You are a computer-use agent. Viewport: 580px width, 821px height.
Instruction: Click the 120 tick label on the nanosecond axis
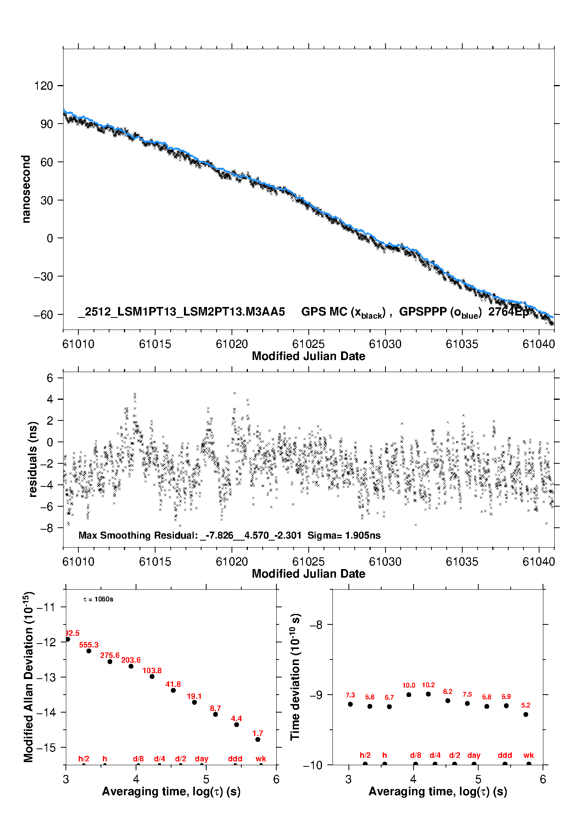click(x=43, y=85)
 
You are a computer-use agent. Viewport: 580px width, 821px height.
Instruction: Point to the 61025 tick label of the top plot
click(x=308, y=344)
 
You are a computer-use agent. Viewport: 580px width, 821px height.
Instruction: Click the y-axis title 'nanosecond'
click(x=26, y=189)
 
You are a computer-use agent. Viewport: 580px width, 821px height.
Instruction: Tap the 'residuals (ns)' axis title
click(x=33, y=459)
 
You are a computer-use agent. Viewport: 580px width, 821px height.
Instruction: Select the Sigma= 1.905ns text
click(x=344, y=535)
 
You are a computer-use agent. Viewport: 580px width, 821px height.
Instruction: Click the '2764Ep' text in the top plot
click(x=509, y=312)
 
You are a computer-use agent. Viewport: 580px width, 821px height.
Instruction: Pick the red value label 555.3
click(x=89, y=645)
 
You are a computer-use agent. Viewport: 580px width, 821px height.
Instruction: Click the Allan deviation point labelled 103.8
click(x=152, y=676)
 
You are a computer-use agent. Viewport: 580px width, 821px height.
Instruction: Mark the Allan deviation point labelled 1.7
click(x=258, y=739)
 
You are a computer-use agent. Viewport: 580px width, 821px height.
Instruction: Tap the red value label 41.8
click(x=173, y=684)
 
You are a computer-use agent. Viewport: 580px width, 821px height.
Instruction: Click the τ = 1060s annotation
click(x=98, y=599)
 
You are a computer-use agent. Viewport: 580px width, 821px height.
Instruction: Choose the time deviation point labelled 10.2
click(x=428, y=694)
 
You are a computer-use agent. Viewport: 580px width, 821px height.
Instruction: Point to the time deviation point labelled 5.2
click(x=526, y=715)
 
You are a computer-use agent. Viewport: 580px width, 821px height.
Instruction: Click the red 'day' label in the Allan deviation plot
click(x=202, y=759)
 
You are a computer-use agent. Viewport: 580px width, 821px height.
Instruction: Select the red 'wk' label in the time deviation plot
click(x=529, y=755)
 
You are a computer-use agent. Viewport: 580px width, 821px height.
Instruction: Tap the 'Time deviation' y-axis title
click(x=295, y=677)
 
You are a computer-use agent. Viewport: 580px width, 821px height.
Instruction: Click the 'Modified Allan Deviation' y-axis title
click(x=28, y=677)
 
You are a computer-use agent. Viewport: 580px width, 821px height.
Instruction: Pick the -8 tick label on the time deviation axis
click(x=316, y=624)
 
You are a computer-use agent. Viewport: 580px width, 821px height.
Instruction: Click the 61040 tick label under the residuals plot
click(x=539, y=562)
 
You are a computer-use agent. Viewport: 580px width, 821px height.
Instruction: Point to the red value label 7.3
click(x=350, y=695)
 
